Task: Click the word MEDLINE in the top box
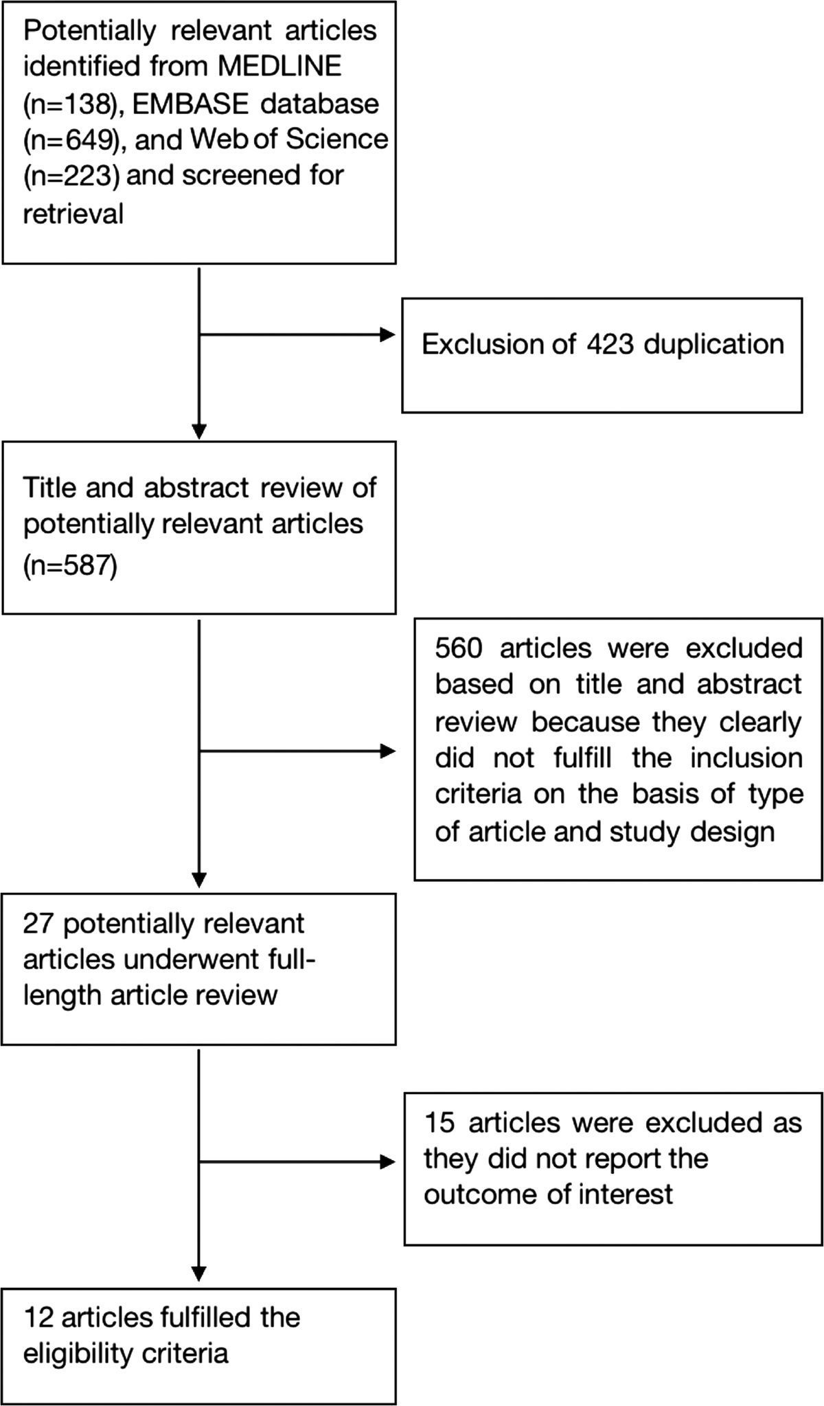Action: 279,67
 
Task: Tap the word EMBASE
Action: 190,104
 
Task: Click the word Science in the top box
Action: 336,139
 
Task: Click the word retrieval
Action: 73,213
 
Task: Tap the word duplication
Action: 713,343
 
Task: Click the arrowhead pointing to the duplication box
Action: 388,335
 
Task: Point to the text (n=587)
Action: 70,567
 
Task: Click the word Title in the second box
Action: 47,487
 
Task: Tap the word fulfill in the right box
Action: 582,758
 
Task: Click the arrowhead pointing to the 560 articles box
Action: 388,751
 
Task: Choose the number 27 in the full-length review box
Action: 38,924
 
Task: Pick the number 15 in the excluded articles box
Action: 439,1122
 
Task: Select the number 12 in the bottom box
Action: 38,1317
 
